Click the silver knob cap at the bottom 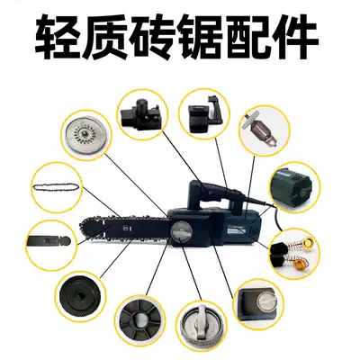click(202, 325)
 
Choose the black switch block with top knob click(145, 111)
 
